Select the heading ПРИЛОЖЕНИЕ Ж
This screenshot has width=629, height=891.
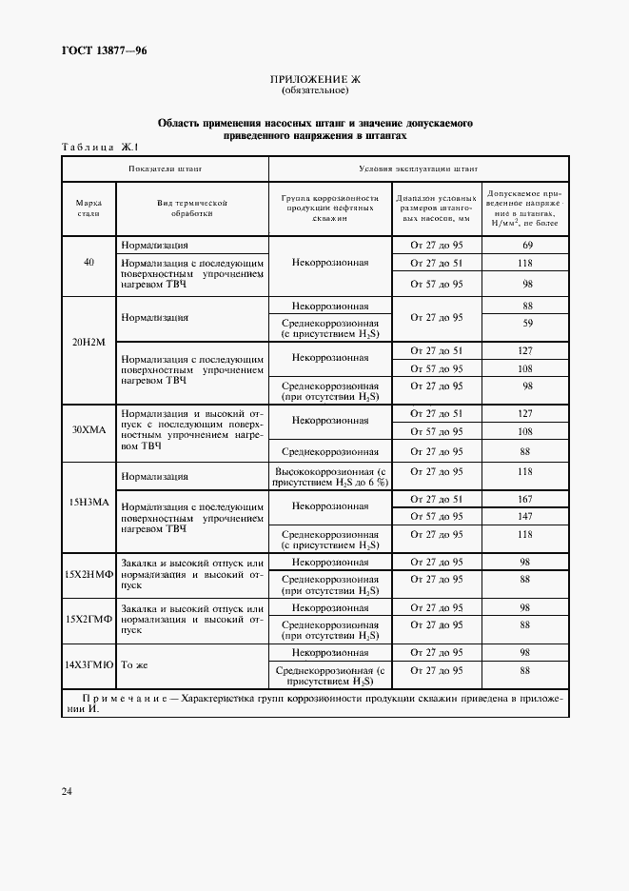315,80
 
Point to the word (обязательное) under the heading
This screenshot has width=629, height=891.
315,91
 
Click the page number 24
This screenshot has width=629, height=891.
67,791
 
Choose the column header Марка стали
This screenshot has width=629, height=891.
88,208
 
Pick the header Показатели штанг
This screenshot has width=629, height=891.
166,168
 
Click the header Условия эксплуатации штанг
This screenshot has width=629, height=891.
419,168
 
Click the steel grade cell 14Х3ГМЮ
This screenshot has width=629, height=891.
88,663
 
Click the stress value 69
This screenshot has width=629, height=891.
525,246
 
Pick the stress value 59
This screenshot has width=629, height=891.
525,323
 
